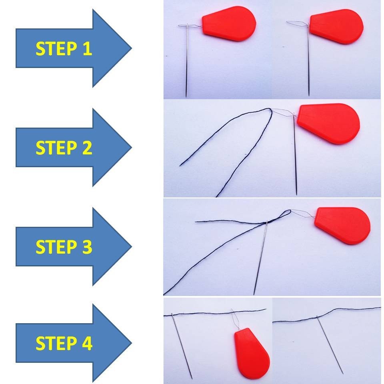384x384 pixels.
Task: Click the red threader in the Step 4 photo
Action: pyautogui.click(x=251, y=352)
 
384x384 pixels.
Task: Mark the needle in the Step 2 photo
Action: pyautogui.click(x=295, y=160)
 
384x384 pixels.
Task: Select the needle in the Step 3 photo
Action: pyautogui.click(x=260, y=260)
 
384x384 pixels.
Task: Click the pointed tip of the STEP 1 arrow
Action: pyautogui.click(x=130, y=48)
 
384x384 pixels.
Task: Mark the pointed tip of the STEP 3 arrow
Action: pyautogui.click(x=130, y=246)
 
